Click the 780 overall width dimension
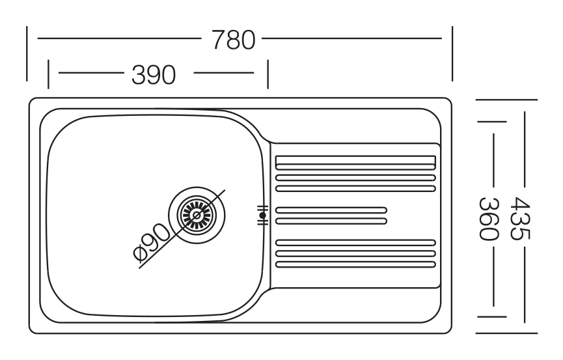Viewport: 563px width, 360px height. (x=234, y=40)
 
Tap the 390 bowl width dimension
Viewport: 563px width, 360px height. (x=154, y=75)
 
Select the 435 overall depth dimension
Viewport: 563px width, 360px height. (x=519, y=218)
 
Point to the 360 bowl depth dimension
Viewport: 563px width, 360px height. (x=489, y=219)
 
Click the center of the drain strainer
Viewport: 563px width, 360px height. (x=197, y=215)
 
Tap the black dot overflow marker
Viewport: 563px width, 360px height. (x=263, y=215)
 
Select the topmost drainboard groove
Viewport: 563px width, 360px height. (x=355, y=162)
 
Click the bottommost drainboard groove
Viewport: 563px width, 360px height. (x=355, y=264)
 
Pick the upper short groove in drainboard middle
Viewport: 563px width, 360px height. (x=331, y=210)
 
